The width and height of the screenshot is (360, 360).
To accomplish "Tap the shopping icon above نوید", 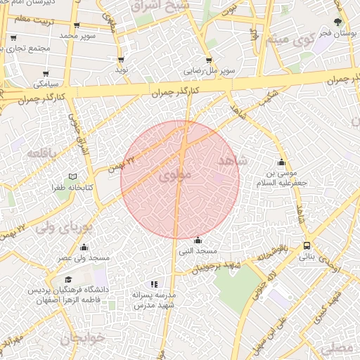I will [x=122, y=60].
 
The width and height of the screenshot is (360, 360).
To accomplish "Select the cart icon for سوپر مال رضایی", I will [x=209, y=60].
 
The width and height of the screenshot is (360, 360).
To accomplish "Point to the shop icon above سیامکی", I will [x=46, y=73].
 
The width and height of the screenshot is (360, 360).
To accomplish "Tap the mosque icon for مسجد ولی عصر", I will [x=84, y=247].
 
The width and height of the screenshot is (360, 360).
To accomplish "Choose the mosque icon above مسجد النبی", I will [x=198, y=240].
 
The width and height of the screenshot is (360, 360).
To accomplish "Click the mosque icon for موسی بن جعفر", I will [x=282, y=161].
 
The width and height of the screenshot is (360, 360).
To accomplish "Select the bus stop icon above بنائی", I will [x=307, y=245].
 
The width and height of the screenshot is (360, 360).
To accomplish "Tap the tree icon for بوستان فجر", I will [x=337, y=22].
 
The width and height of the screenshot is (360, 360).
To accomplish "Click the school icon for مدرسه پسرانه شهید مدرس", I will [x=154, y=285].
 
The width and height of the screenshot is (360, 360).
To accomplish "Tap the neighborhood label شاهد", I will [x=233, y=161].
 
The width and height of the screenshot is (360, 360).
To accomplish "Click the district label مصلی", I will [x=338, y=348].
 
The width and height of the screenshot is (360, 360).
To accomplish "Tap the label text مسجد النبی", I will [x=198, y=251].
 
